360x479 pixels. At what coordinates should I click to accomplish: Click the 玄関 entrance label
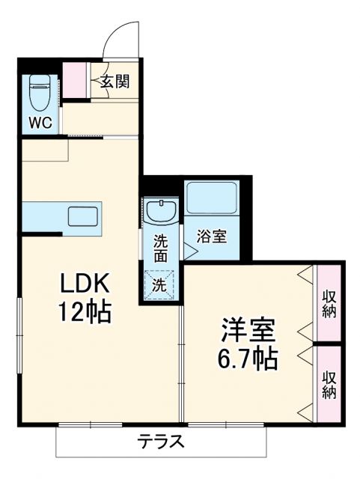click(x=116, y=80)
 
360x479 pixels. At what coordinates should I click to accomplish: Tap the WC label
click(x=40, y=123)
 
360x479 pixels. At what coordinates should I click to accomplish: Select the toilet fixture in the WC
click(x=39, y=93)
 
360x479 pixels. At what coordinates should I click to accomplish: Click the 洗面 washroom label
click(x=161, y=248)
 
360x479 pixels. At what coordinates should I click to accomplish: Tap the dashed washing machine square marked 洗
click(x=161, y=285)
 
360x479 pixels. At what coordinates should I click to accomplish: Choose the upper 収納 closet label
click(x=329, y=303)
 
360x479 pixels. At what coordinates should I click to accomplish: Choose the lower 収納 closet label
click(x=329, y=382)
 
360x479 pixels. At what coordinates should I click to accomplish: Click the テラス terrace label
click(x=160, y=442)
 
